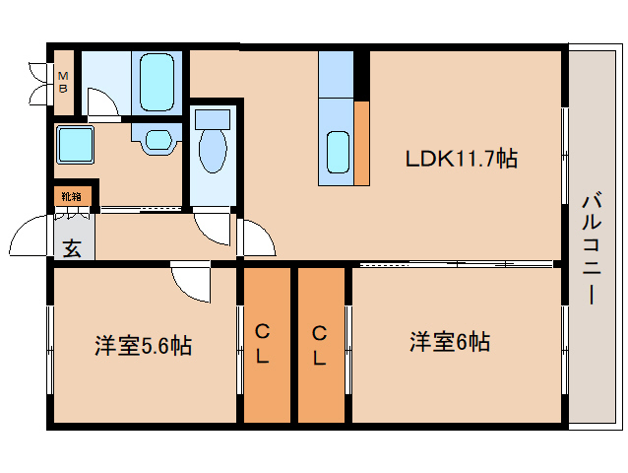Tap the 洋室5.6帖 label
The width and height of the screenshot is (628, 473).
[x=143, y=346]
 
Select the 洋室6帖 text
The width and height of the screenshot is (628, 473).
[x=450, y=343]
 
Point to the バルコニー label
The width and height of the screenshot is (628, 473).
[x=593, y=248]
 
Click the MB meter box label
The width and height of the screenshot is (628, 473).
[x=62, y=82]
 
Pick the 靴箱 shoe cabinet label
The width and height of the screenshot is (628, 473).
[x=71, y=196]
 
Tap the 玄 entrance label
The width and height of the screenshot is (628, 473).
[x=73, y=247]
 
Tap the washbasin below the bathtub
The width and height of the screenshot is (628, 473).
[x=157, y=139]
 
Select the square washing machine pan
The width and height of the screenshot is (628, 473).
[x=74, y=146]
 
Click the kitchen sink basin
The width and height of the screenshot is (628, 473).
[x=337, y=152]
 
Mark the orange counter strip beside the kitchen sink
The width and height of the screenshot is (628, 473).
[x=362, y=143]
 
